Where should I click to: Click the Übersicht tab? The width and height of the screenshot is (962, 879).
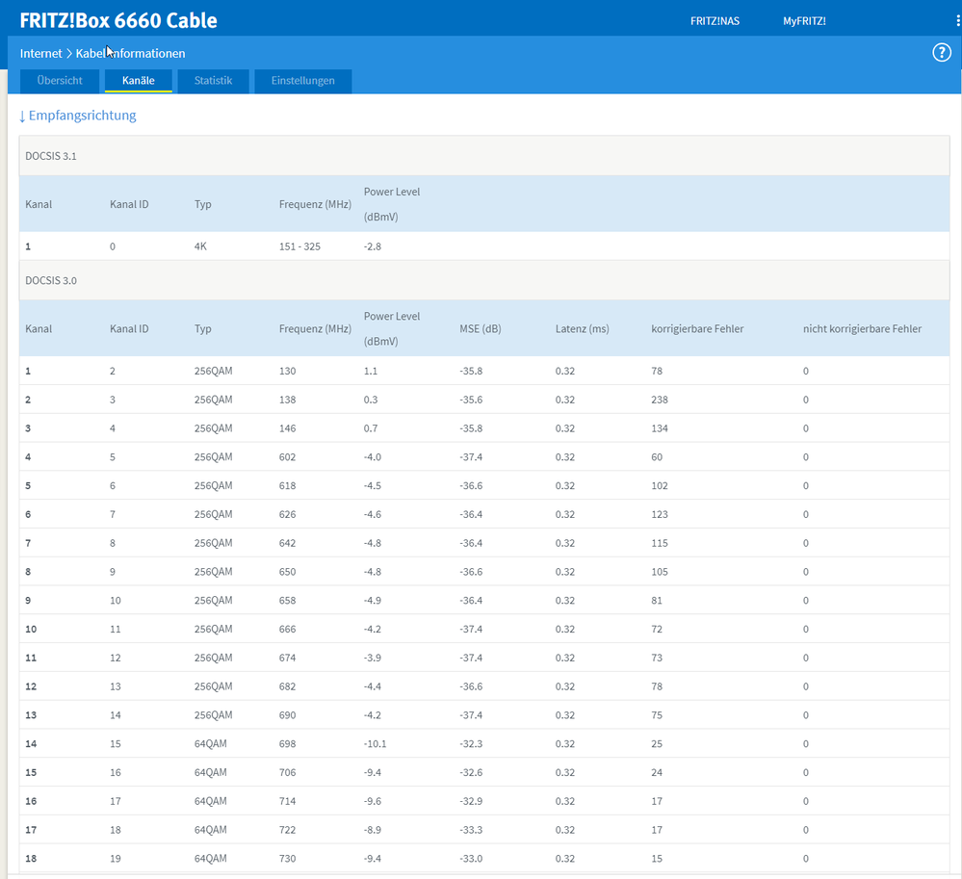coord(60,80)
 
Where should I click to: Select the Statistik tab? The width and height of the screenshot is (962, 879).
coord(213,80)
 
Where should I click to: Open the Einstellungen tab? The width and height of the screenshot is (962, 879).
coord(303,80)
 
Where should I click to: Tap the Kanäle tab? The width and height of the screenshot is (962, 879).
coord(138,80)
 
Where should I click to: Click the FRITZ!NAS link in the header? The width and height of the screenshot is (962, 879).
coord(715,21)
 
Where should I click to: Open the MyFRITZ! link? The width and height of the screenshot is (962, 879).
coord(804,21)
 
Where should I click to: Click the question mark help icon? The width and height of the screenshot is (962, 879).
coord(942,53)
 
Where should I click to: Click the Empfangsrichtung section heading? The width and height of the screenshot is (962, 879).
coord(77,116)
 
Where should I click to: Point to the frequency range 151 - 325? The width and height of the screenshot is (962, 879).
coord(300,246)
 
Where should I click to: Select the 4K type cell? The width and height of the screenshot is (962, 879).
coord(200,246)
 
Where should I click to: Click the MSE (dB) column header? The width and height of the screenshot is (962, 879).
coord(481,328)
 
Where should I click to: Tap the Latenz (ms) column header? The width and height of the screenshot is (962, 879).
coord(583,328)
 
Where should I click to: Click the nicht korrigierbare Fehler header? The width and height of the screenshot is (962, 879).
coord(862,328)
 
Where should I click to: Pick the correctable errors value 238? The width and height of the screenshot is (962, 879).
coord(660,400)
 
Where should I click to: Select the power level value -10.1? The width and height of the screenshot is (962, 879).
coord(376,744)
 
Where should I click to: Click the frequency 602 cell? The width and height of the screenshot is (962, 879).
coord(287,457)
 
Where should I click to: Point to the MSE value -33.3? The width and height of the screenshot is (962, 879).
coord(471,830)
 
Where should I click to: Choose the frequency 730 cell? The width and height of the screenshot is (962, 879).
coord(287,859)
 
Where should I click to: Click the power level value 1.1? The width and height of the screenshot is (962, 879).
coord(371,371)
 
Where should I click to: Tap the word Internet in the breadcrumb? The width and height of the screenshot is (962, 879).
coord(40,53)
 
